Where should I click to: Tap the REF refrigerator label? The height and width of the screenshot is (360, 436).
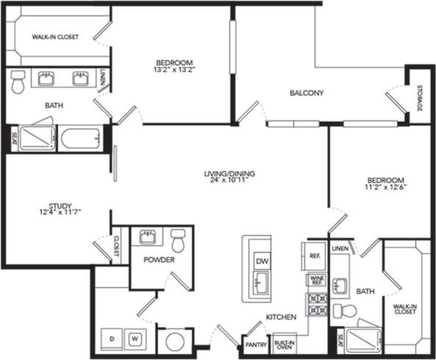point(315,256)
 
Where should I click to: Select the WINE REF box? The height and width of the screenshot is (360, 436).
point(317,280)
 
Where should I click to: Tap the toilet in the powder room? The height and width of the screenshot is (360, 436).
point(178,240)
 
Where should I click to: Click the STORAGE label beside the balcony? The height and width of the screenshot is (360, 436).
point(419,98)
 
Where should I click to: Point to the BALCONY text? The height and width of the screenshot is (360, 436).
point(307,93)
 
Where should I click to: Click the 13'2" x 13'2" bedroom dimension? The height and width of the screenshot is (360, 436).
point(174,71)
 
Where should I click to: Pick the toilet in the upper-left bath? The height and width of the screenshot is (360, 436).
point(18,82)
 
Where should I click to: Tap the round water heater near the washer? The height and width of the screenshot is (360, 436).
point(174,342)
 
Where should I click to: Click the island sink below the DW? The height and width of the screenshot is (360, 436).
point(261,283)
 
